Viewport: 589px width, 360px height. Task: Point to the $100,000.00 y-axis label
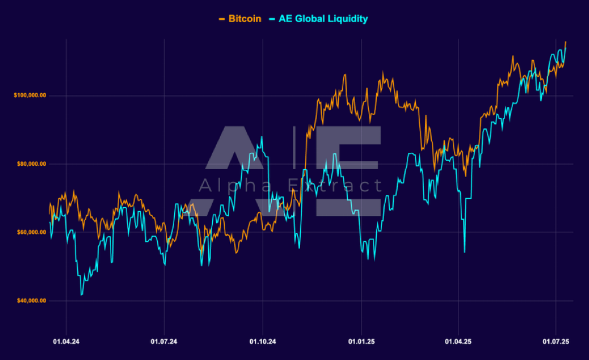tap(30, 95)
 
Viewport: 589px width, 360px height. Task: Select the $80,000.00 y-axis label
tap(31, 164)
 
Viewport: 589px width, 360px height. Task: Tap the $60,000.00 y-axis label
tap(31, 232)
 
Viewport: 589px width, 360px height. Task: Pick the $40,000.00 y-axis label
tap(31, 300)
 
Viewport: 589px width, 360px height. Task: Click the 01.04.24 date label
tap(66, 342)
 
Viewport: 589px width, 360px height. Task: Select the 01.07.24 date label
tap(164, 342)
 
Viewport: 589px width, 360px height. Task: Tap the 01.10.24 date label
tap(263, 342)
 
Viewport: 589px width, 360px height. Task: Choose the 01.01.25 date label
tap(361, 342)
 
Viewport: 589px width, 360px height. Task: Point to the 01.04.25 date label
tap(458, 342)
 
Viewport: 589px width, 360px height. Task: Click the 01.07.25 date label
tap(556, 342)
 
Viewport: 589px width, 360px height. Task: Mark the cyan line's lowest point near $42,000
tap(82, 295)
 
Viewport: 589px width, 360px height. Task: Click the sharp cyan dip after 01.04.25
tap(464, 252)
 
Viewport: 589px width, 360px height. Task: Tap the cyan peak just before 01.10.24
tap(262, 137)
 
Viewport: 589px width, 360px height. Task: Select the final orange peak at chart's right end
tap(565, 42)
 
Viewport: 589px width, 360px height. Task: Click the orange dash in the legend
tap(222, 19)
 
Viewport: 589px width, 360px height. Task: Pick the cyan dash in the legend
tap(272, 19)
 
